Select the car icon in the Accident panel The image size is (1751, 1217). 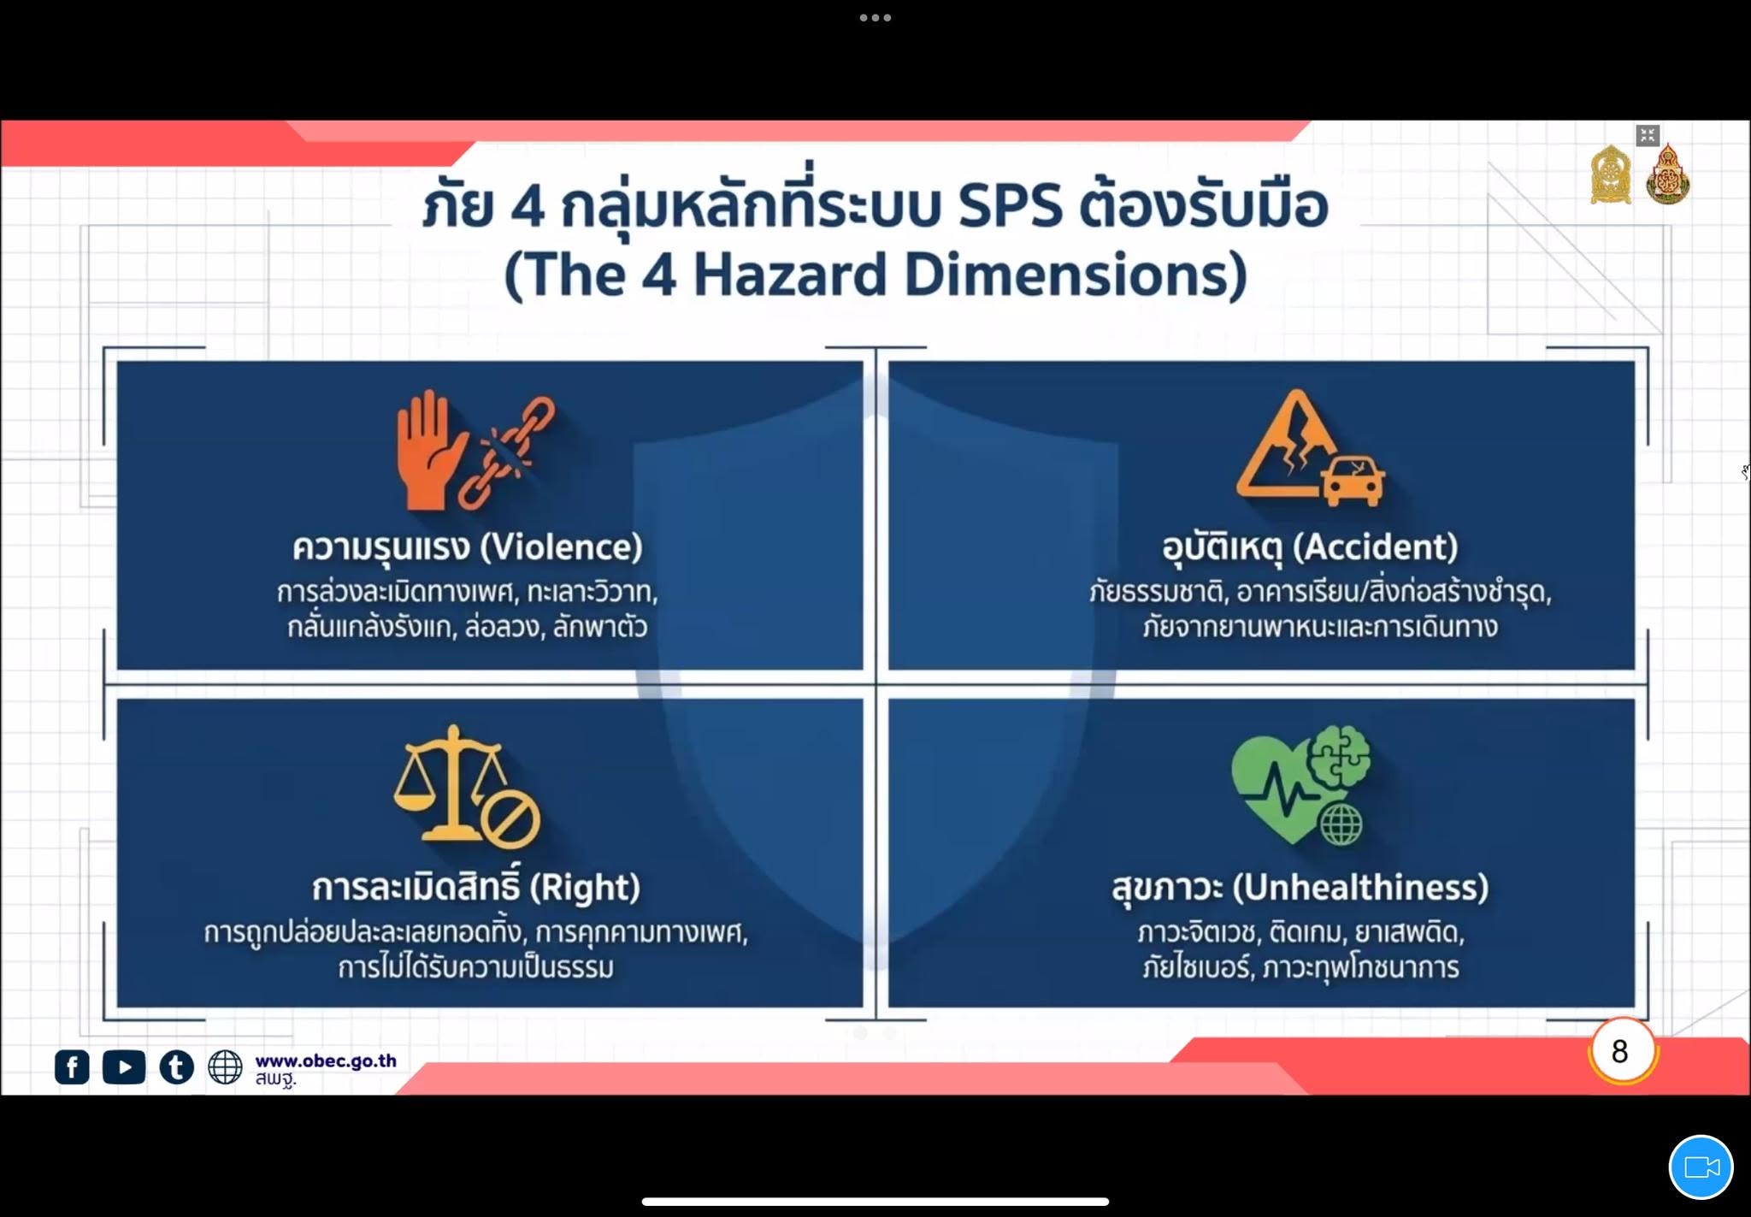click(1352, 481)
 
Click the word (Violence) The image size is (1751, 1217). click(562, 547)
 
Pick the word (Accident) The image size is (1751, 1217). click(1375, 547)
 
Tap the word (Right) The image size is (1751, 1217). click(585, 888)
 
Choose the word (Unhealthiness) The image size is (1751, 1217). click(1360, 888)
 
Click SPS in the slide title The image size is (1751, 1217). click(1010, 206)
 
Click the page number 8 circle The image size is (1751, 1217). click(1621, 1051)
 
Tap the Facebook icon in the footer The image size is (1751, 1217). click(72, 1066)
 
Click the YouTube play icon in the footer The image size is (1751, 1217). click(124, 1066)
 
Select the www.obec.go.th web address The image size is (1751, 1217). click(326, 1060)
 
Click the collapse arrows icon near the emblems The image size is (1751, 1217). click(1648, 135)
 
